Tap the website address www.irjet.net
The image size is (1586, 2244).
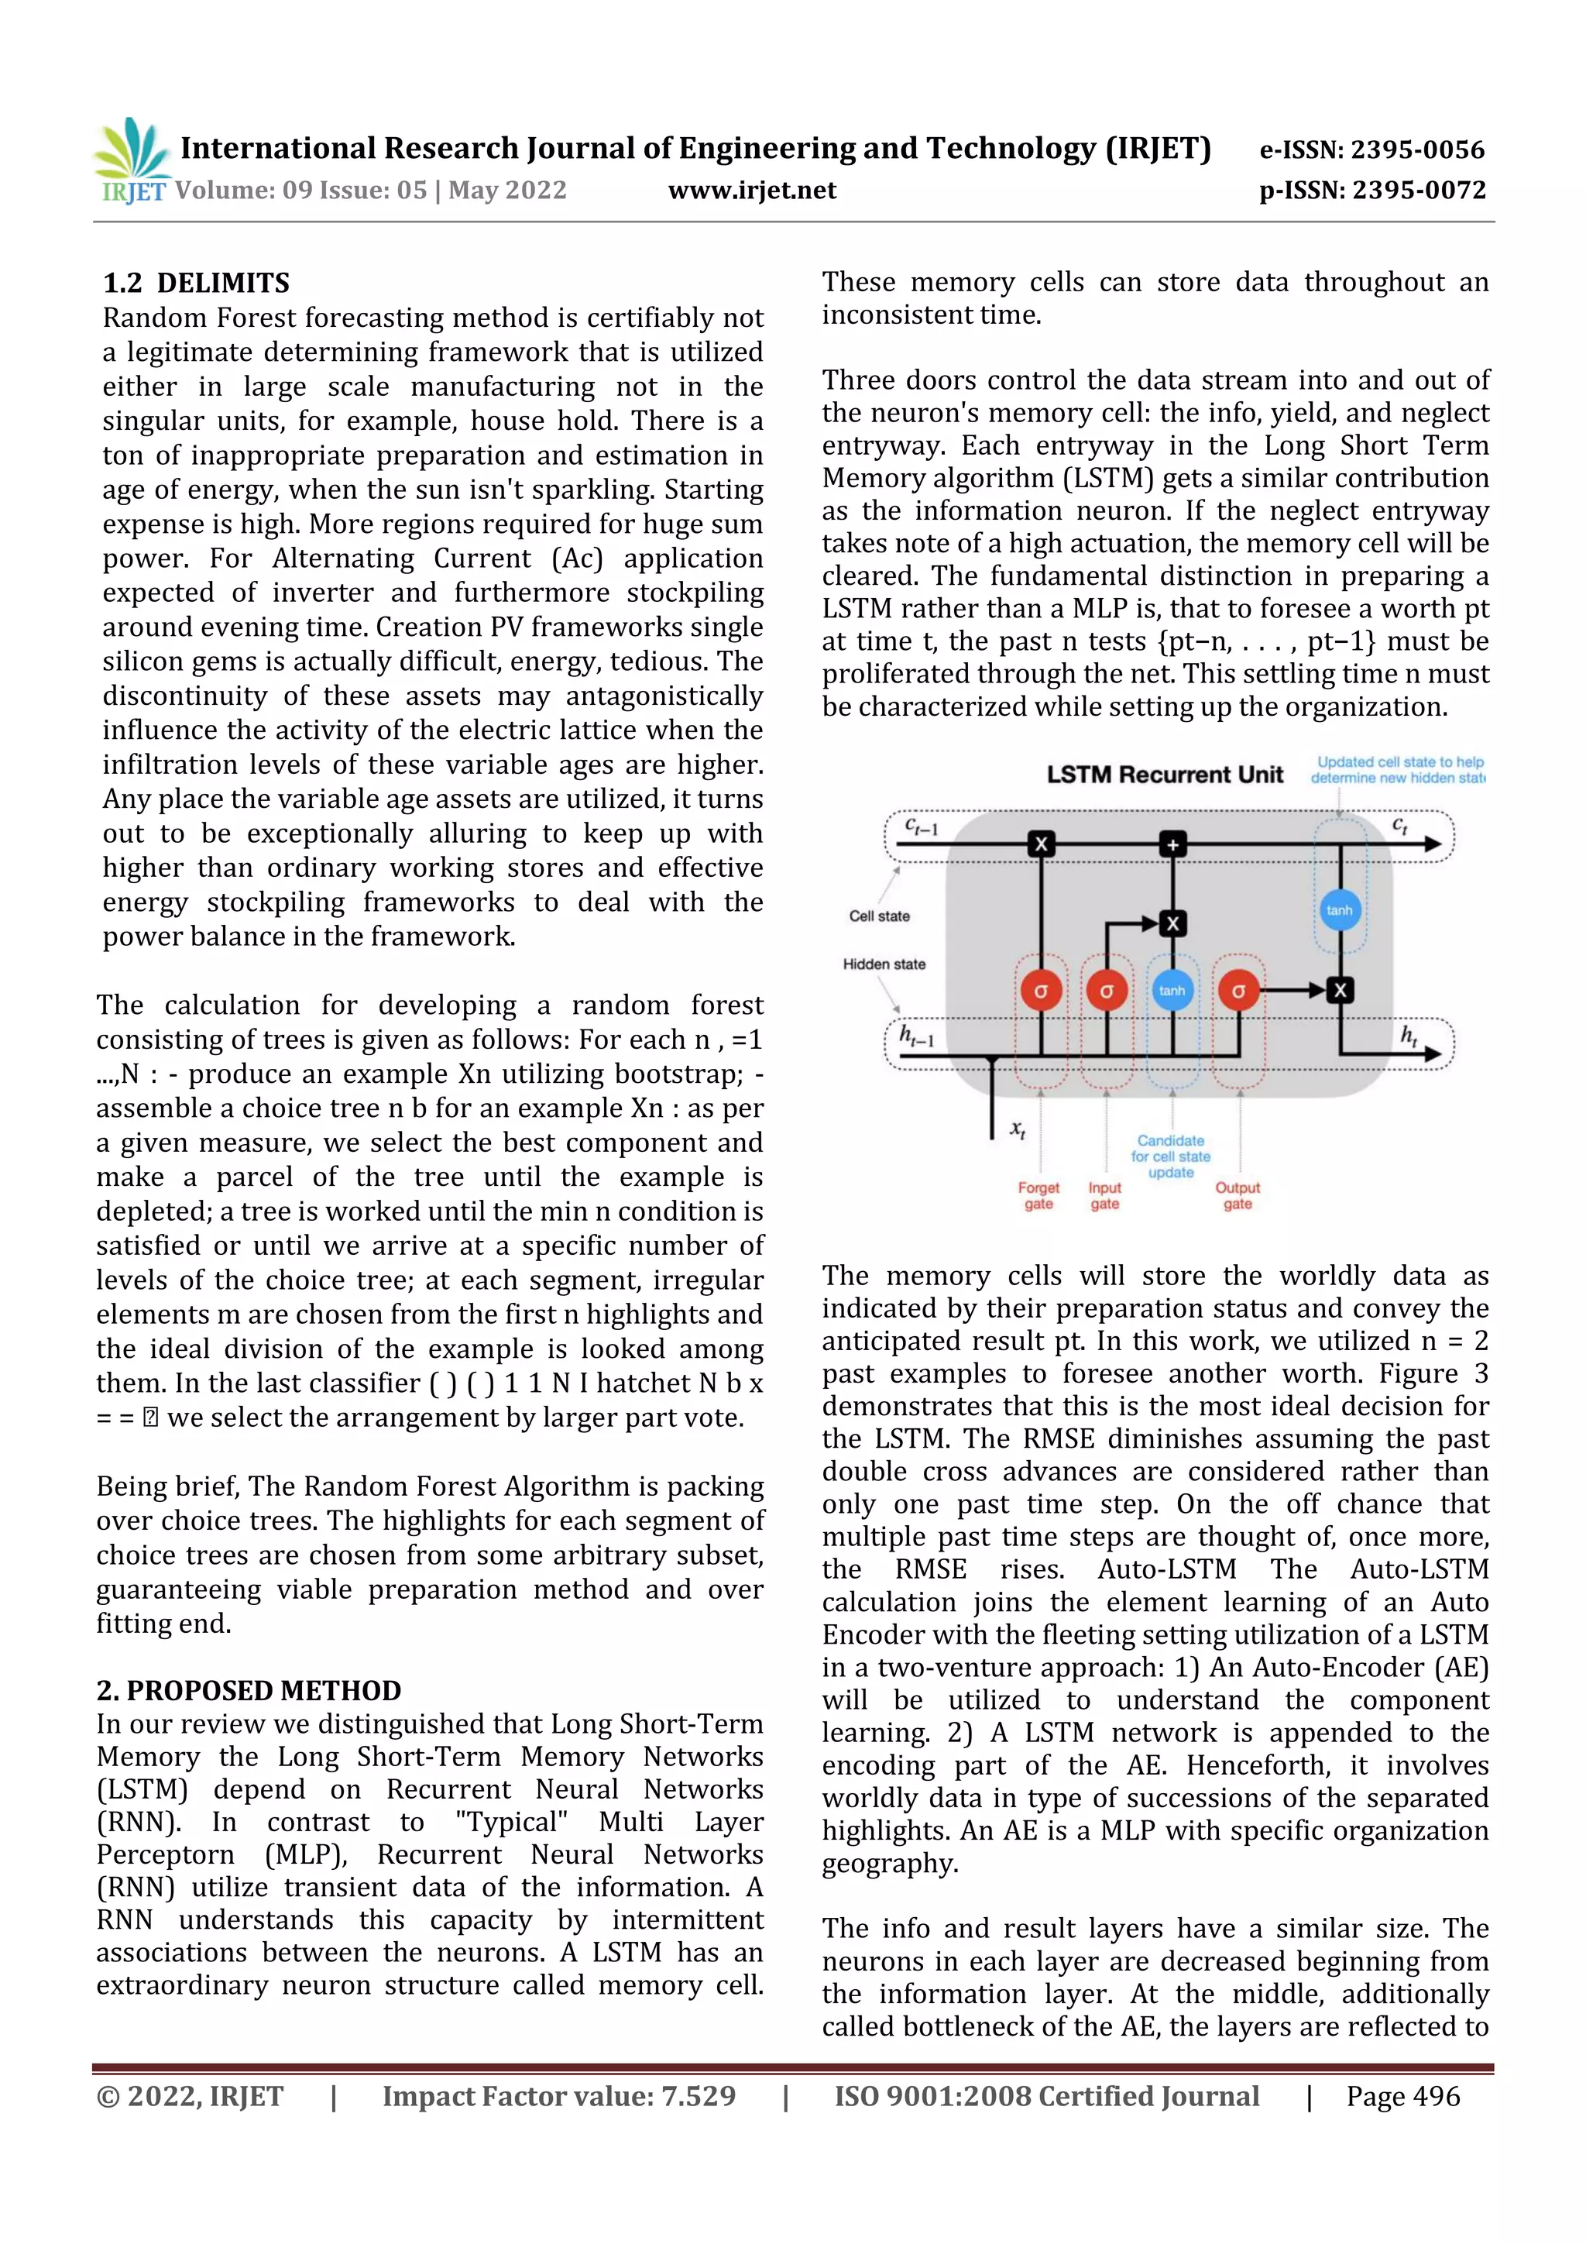coord(751,190)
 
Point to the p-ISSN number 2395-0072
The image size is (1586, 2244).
coord(1419,190)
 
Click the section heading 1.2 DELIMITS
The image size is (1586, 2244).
coord(197,284)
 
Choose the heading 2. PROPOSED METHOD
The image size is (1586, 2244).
coord(249,1690)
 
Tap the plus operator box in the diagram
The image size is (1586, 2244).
coord(1172,844)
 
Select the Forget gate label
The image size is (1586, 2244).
coord(1038,1195)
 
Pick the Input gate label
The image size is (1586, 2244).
coord(1104,1195)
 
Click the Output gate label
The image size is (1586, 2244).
coord(1238,1195)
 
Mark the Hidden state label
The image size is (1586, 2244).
coord(884,964)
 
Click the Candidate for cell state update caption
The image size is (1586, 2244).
coord(1171,1156)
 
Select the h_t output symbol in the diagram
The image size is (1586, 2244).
coord(1409,1035)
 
